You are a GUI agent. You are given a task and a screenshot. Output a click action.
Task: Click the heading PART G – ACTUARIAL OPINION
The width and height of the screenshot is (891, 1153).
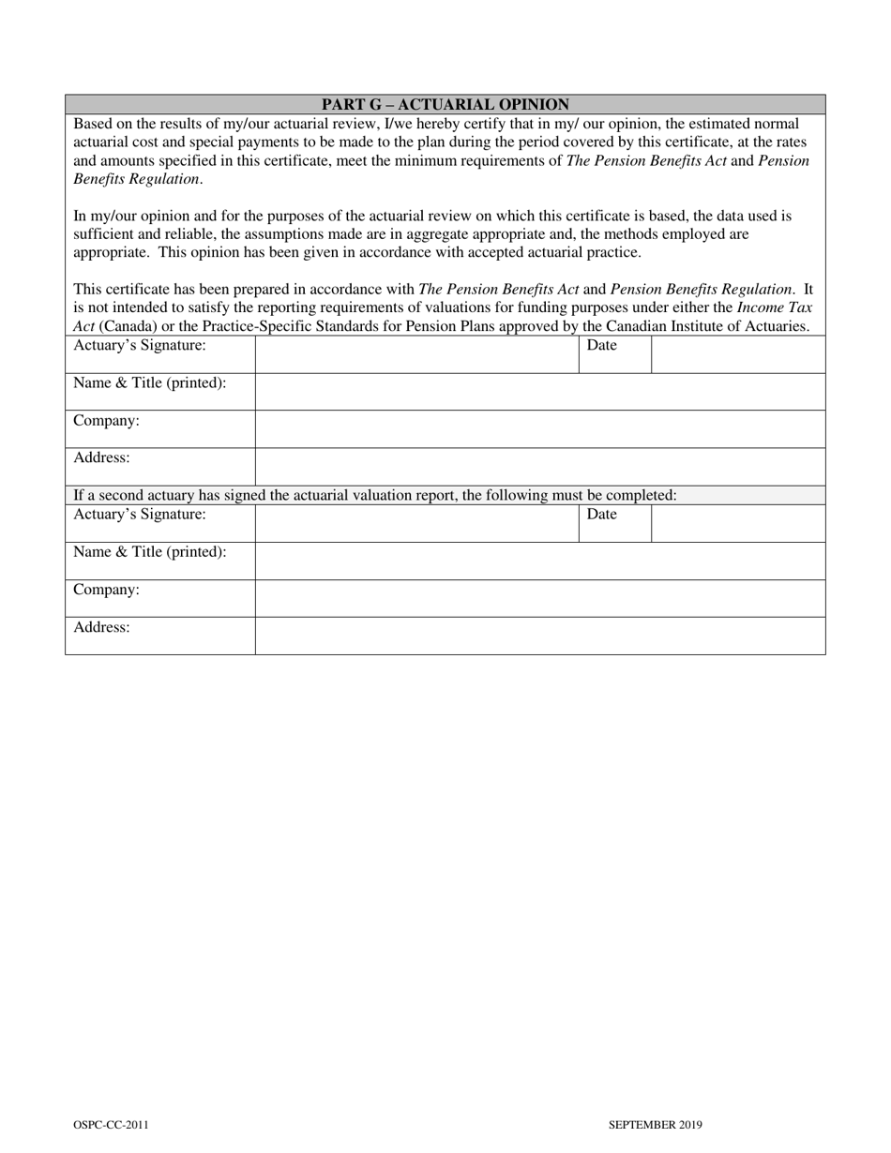click(445, 104)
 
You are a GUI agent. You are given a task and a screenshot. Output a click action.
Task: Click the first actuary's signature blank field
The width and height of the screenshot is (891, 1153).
click(416, 354)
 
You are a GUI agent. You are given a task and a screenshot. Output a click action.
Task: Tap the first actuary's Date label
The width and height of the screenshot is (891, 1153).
click(602, 346)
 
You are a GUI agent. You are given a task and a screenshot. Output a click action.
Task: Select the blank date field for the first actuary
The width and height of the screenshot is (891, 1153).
click(738, 354)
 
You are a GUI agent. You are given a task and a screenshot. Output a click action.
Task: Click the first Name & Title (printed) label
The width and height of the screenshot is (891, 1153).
click(150, 383)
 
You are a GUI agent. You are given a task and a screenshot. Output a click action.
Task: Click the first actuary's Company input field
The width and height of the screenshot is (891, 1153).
click(540, 429)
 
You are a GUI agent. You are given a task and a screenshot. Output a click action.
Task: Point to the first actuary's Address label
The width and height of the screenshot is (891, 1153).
click(101, 458)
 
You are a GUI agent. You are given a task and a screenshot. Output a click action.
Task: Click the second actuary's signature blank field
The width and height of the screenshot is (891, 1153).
click(416, 523)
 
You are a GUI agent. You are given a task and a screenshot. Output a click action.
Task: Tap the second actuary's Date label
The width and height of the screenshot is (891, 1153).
click(602, 515)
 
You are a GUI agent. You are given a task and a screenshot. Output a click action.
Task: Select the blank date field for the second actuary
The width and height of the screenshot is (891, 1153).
click(738, 523)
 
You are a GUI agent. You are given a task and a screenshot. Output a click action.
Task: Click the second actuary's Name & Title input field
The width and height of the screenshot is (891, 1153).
click(540, 561)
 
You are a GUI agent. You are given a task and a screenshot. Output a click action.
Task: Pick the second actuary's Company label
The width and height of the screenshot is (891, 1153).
click(106, 590)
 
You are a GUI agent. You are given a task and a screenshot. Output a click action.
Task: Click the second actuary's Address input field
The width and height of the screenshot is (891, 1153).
click(540, 636)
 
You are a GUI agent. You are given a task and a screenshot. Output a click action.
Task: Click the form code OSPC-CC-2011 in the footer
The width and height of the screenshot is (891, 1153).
click(110, 1125)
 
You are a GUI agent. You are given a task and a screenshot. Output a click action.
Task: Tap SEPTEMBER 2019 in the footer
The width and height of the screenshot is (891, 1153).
click(655, 1125)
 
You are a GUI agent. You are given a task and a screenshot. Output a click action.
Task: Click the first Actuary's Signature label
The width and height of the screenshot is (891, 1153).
click(140, 346)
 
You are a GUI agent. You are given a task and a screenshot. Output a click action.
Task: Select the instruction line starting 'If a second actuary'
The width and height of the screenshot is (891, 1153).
click(375, 495)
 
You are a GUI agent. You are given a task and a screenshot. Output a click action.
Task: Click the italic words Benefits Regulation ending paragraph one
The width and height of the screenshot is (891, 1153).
click(136, 178)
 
